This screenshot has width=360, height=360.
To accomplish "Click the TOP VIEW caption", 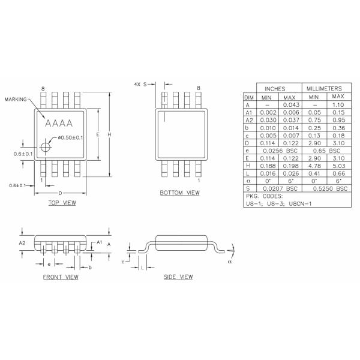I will (61, 203).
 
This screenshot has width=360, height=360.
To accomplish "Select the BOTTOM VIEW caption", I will (179, 193).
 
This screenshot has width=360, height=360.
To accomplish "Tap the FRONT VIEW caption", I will (61, 277).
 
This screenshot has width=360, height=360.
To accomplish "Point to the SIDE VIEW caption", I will (178, 277).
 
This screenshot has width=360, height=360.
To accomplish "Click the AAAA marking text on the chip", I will (59, 124).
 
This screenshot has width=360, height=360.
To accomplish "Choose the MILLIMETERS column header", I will (325, 88).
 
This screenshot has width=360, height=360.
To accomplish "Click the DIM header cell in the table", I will (248, 97).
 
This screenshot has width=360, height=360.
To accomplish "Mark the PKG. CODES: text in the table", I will (265, 196).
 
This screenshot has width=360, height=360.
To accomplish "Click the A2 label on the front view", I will (22, 243).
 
